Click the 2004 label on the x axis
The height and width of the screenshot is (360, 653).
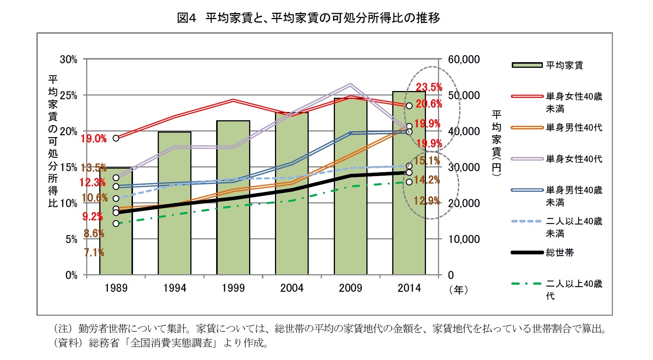[x=292, y=288]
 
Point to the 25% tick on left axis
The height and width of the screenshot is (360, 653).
[x=69, y=96]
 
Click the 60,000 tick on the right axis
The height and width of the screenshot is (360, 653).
[x=464, y=60]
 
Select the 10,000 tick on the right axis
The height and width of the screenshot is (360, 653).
[x=464, y=239]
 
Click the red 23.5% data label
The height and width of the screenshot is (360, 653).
[x=429, y=87]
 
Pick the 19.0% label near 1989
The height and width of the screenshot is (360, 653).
[x=94, y=139]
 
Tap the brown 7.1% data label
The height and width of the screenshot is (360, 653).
[x=94, y=252]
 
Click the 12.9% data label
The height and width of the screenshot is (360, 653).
[x=426, y=201]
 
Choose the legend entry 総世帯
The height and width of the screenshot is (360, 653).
[x=560, y=252]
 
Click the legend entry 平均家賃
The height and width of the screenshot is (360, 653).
[x=564, y=65]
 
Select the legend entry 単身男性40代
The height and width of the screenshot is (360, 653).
[x=574, y=128]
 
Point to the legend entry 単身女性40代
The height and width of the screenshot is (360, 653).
[x=574, y=159]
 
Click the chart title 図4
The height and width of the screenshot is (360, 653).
[x=186, y=18]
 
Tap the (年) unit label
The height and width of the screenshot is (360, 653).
[x=459, y=290]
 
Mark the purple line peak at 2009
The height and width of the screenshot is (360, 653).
[x=350, y=85]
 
